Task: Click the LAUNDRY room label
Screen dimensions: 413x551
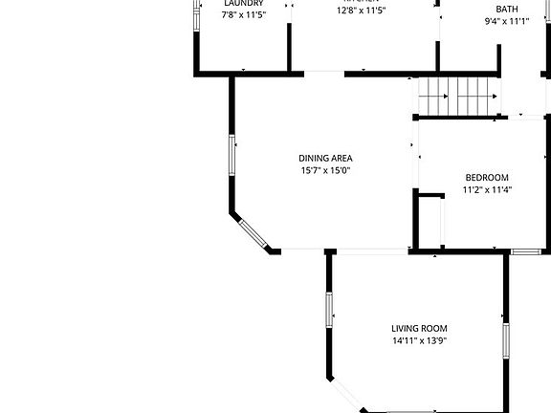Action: [x=243, y=3]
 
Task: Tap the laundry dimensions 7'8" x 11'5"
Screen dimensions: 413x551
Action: [x=243, y=14]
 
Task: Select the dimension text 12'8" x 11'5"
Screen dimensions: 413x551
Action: [x=361, y=11]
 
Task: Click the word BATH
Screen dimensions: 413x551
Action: [x=507, y=9]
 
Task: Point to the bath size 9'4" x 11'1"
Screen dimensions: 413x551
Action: [x=507, y=21]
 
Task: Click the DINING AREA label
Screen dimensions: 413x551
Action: [x=325, y=159]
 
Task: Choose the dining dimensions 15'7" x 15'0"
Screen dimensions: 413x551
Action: [x=325, y=171]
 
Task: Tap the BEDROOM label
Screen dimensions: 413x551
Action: [x=487, y=177]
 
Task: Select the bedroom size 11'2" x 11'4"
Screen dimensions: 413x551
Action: [x=487, y=189]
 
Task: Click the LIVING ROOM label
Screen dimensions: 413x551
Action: [x=419, y=328]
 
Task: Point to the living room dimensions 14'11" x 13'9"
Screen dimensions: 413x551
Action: [x=419, y=340]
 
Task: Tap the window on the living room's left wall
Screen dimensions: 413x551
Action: [x=328, y=309]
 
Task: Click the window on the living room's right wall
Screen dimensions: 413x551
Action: [x=506, y=340]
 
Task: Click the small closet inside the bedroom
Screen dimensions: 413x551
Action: [x=430, y=222]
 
